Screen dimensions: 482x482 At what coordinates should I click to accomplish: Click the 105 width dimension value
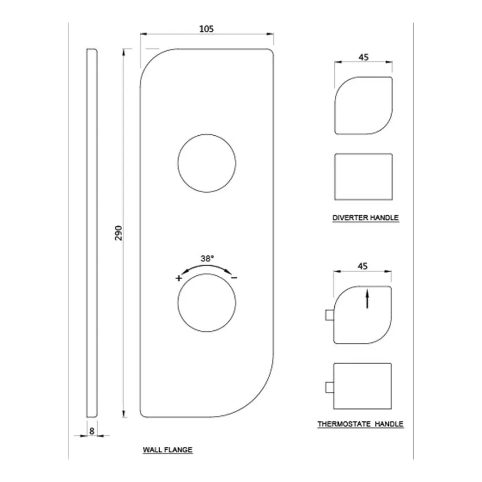pyautogui.click(x=206, y=29)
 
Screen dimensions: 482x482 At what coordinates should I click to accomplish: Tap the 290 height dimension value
pyautogui.click(x=119, y=233)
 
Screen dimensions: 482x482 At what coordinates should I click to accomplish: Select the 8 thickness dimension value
pyautogui.click(x=91, y=431)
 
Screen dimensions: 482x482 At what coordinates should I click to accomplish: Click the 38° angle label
pyautogui.click(x=207, y=258)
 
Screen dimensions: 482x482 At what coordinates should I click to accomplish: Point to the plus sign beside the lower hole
pyautogui.click(x=179, y=278)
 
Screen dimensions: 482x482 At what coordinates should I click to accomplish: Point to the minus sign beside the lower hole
pyautogui.click(x=234, y=278)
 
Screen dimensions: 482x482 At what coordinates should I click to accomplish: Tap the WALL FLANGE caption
pyautogui.click(x=168, y=450)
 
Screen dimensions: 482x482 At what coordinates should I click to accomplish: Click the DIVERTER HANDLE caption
pyautogui.click(x=366, y=218)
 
